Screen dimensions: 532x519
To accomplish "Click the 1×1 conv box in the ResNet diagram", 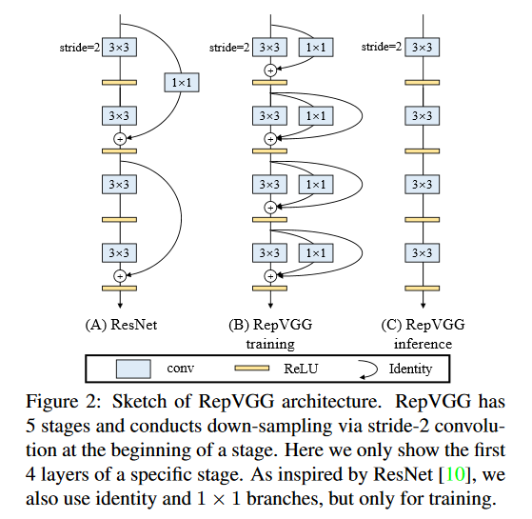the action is [182, 83].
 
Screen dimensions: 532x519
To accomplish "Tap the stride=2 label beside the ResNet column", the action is [80, 48].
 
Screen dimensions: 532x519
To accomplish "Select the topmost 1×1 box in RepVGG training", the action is [316, 48].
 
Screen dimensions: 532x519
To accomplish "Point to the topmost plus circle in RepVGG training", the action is [270, 70].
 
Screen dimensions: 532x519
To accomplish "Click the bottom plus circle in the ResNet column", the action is [120, 276].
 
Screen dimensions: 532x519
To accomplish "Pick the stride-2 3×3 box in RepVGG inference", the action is [422, 48].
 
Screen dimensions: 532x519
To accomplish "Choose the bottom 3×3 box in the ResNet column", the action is [119, 253].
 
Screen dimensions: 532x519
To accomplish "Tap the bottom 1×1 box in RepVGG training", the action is [316, 253].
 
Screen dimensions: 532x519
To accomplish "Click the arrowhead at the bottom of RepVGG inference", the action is [423, 306].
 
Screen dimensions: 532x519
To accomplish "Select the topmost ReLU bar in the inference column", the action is [422, 83].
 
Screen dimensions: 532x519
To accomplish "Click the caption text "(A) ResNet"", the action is [121, 325].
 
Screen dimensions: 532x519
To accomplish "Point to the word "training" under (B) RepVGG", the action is [270, 344].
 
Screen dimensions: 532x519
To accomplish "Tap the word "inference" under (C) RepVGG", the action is [423, 344].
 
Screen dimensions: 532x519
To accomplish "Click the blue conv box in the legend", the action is [133, 369].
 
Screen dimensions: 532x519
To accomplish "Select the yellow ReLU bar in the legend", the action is [252, 369].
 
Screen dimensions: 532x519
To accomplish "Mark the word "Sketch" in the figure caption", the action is [140, 401].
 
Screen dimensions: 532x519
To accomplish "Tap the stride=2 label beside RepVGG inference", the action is [382, 47].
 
